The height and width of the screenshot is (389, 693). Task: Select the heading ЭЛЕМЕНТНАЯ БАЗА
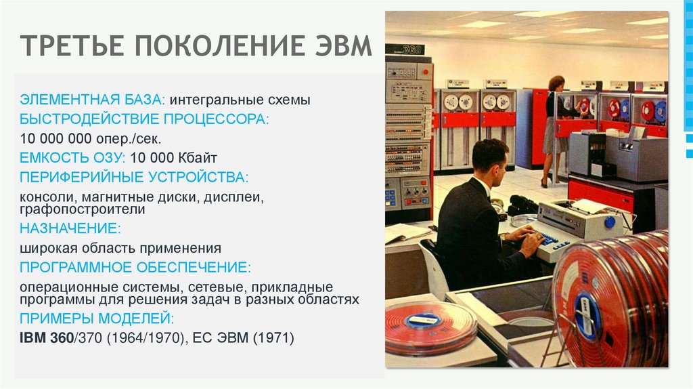[90, 100]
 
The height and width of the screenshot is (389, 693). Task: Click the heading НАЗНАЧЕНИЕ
[70, 228]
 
